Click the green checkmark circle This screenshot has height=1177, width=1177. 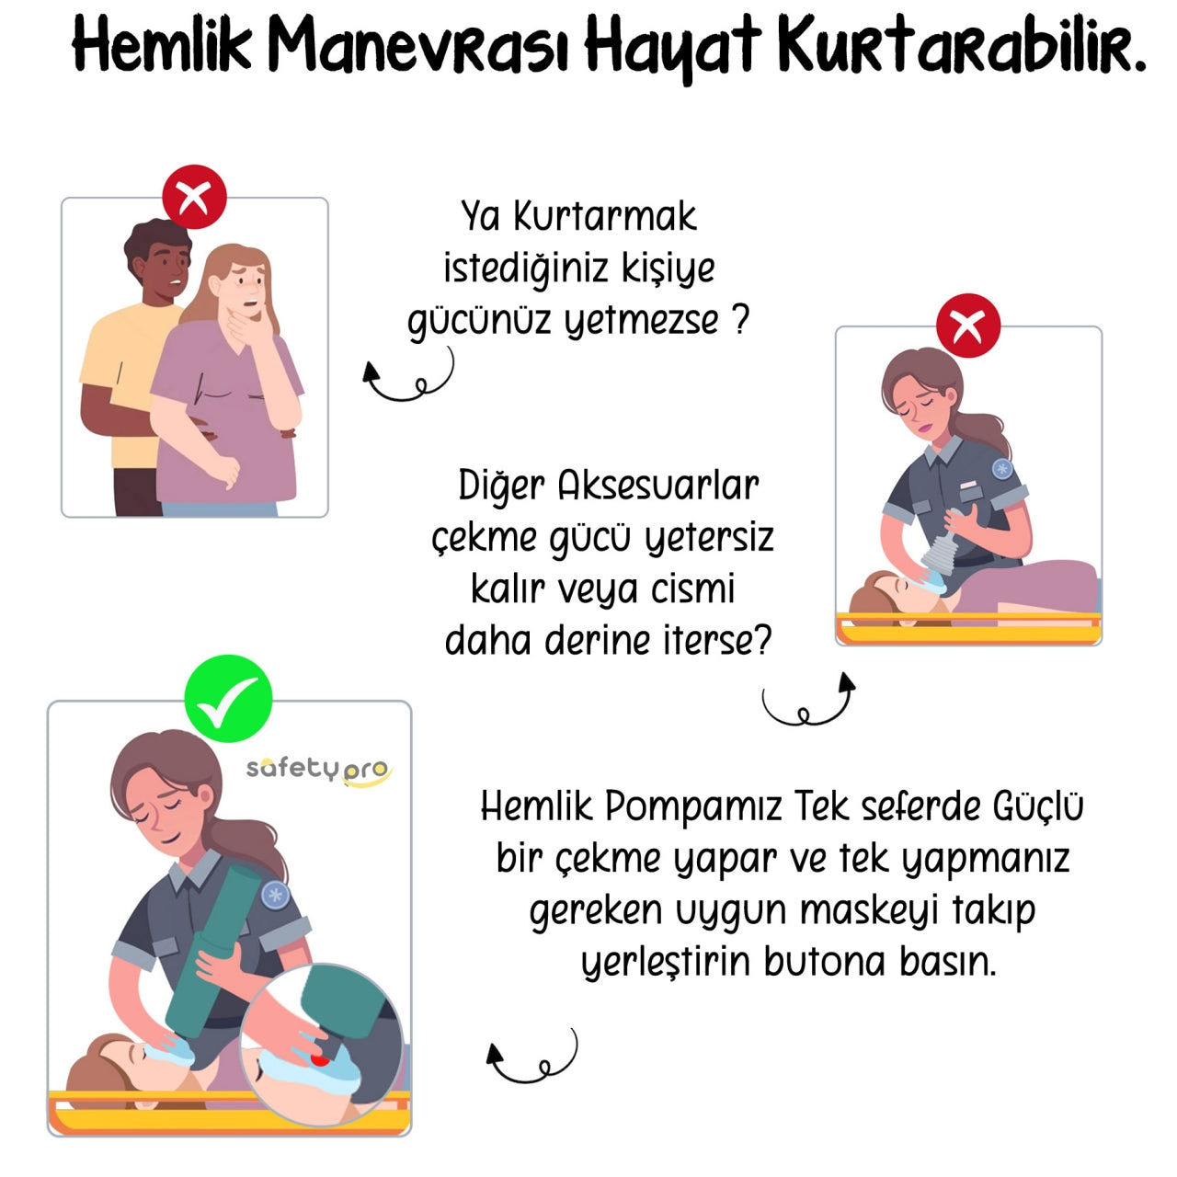pos(228,698)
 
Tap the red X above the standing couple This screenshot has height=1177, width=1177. pos(194,197)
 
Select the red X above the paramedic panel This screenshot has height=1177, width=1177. pos(968,326)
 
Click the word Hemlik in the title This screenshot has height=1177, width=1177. pos(162,44)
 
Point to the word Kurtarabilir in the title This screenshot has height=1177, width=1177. pos(961,46)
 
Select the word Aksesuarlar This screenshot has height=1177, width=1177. pos(657,486)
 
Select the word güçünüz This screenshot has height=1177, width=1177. pos(479,321)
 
